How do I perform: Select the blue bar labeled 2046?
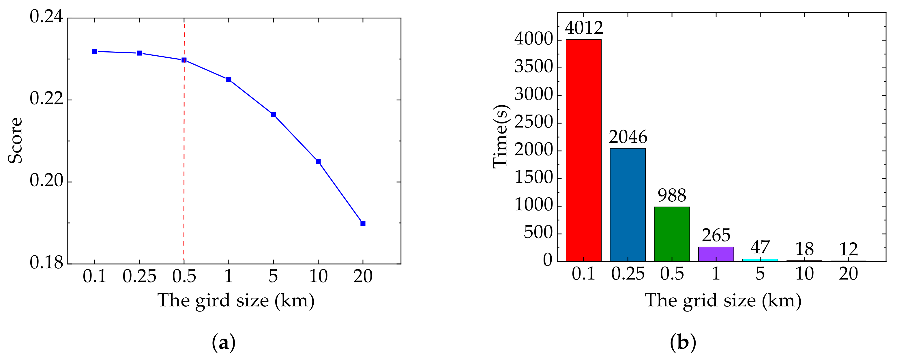click(628, 205)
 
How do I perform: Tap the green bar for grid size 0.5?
click(672, 234)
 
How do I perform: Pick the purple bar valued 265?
click(716, 254)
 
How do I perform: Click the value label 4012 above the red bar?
click(584, 28)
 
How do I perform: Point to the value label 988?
click(672, 195)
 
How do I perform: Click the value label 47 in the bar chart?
click(760, 247)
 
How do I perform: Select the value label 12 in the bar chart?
click(848, 249)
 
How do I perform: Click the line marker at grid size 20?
click(363, 224)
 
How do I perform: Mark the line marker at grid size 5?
click(273, 115)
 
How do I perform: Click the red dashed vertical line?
click(184, 157)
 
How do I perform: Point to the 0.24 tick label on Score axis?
click(46, 16)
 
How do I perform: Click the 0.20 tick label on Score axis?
click(46, 180)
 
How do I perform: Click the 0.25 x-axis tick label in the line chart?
click(139, 276)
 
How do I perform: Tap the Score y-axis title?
click(15, 140)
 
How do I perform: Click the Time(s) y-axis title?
click(501, 136)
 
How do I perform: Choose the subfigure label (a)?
click(224, 343)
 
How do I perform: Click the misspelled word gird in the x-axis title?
click(212, 301)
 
